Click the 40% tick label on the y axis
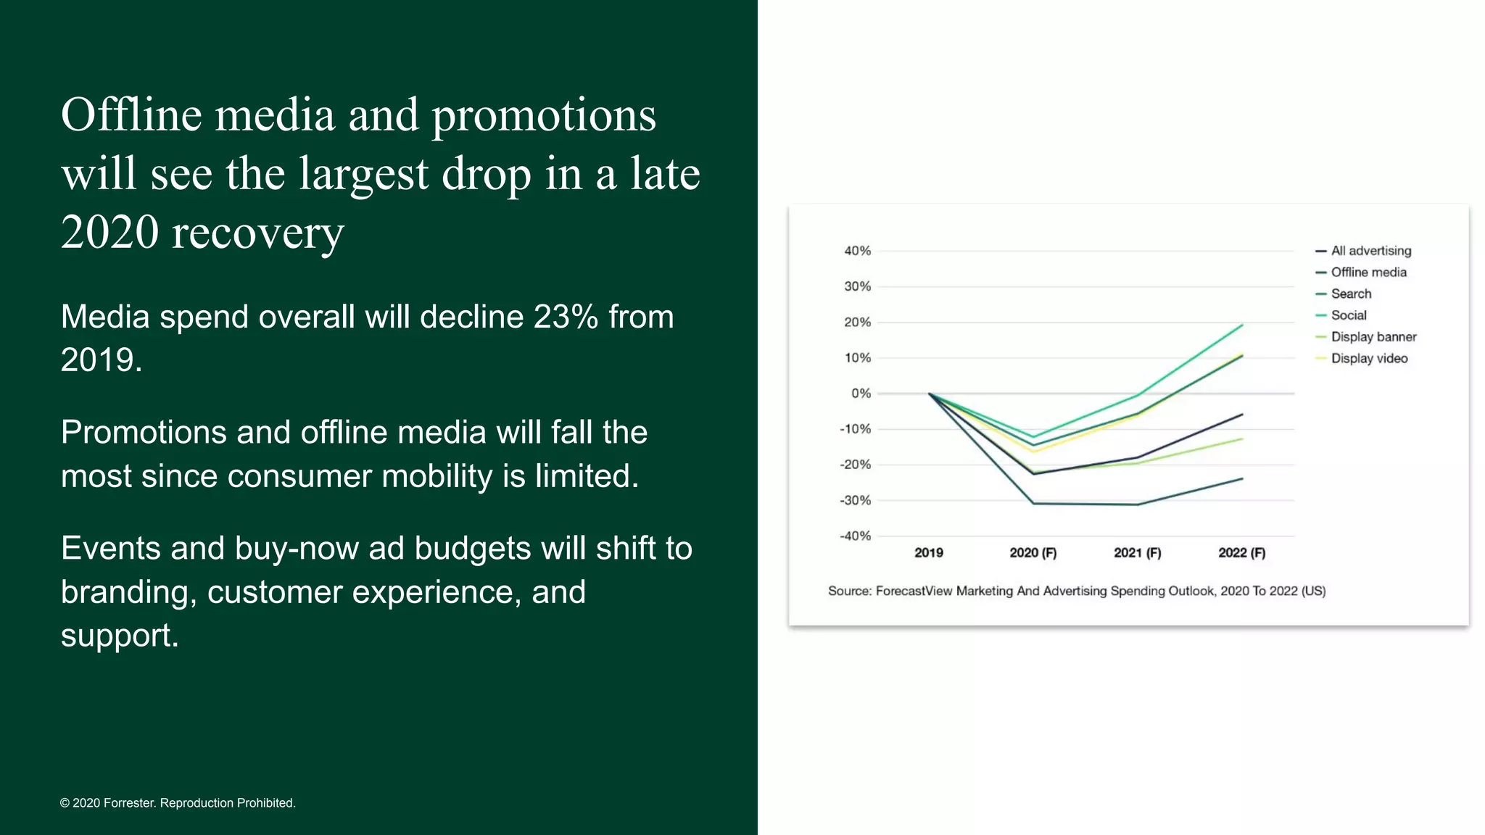click(857, 251)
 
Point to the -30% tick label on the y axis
click(855, 500)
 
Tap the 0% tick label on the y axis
click(861, 394)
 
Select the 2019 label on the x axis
click(928, 553)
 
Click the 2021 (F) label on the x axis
click(1137, 553)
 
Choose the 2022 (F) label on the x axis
click(1241, 553)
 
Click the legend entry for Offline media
click(1368, 273)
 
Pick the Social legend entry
click(1348, 315)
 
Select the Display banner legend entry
click(1373, 337)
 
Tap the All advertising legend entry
click(1370, 251)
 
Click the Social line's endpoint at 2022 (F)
click(1242, 325)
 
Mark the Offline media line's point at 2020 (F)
click(1033, 503)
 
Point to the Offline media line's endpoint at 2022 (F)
click(1242, 478)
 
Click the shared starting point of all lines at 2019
click(929, 394)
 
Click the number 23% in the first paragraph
click(566, 317)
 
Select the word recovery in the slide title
click(257, 233)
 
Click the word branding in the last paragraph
click(128, 593)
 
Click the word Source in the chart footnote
click(848, 591)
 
